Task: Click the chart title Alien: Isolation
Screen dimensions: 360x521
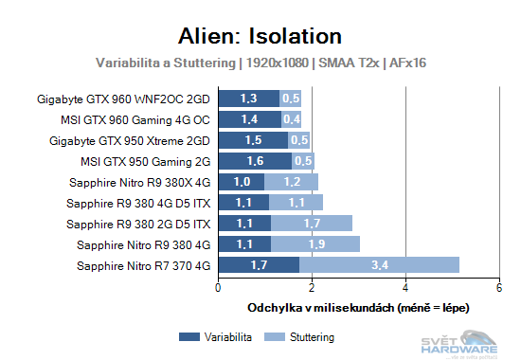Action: tap(260, 37)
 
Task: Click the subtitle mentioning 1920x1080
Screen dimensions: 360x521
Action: tap(260, 63)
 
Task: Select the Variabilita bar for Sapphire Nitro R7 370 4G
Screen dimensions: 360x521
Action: tap(259, 264)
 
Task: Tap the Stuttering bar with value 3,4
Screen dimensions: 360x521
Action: tap(379, 264)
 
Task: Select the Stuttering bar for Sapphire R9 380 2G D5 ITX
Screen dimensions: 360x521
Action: tap(312, 223)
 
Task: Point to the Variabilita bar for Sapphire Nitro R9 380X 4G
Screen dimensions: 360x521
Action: tap(242, 181)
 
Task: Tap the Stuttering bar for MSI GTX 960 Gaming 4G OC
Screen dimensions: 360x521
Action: tap(293, 118)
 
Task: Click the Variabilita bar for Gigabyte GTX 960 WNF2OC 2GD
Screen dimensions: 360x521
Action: tap(249, 98)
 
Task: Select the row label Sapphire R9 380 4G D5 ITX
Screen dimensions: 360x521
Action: tap(140, 203)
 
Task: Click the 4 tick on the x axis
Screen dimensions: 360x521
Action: tap(405, 288)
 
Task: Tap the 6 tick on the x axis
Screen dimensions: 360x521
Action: tap(498, 288)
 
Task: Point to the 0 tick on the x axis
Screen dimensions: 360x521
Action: tap(219, 288)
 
